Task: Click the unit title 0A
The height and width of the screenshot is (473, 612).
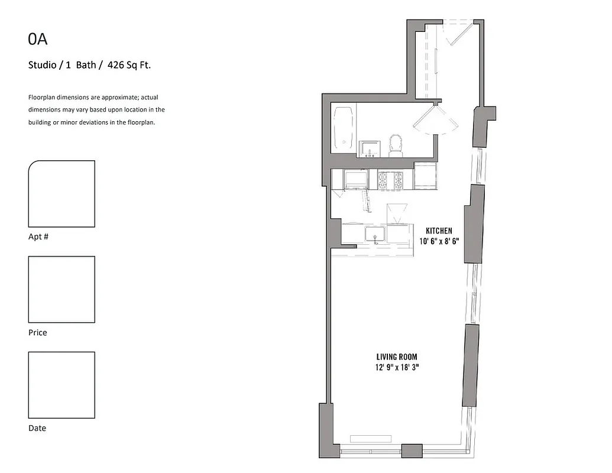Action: click(38, 40)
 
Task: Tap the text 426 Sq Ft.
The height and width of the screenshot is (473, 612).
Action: click(129, 66)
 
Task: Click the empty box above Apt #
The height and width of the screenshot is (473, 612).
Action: click(61, 194)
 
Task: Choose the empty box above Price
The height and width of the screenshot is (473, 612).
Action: click(61, 289)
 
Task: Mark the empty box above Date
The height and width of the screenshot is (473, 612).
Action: click(61, 385)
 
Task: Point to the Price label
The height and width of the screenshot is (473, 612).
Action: click(38, 333)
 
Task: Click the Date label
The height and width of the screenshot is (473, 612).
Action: click(37, 428)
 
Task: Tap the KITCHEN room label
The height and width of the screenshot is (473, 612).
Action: click(439, 231)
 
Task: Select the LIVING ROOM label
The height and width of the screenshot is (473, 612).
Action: click(397, 357)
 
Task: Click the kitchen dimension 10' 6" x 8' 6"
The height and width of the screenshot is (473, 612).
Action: click(439, 241)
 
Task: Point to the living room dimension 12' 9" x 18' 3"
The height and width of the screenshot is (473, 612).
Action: click(397, 367)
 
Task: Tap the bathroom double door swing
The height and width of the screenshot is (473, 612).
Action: click(435, 121)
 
